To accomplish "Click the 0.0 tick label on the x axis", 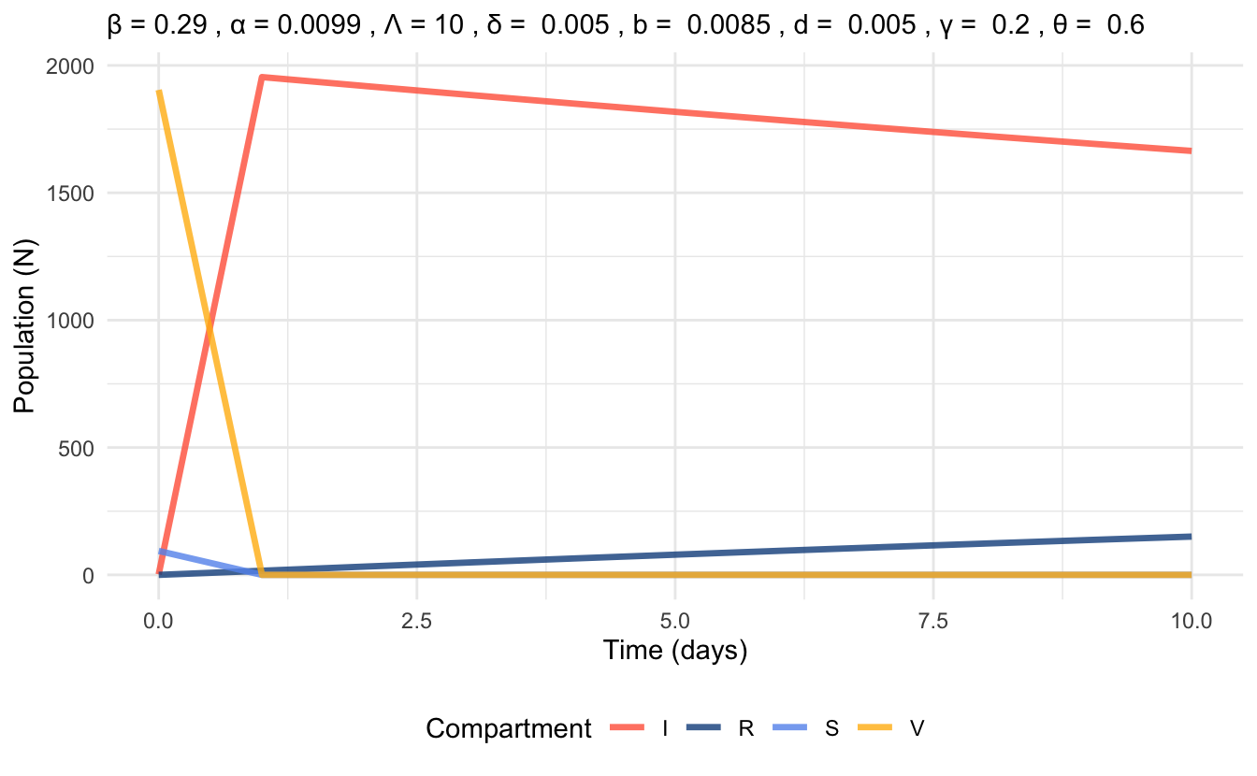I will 159,620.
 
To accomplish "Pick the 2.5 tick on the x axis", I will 416,620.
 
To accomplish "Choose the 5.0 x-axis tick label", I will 674,620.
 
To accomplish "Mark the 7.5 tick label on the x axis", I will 932,620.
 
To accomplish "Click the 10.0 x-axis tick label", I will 1190,620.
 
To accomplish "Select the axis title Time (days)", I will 674,651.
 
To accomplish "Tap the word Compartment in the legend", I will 509,729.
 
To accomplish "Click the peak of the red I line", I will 263,78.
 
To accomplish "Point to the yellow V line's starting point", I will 159,92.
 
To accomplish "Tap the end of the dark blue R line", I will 1190,537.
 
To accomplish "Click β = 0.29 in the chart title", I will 152,26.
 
